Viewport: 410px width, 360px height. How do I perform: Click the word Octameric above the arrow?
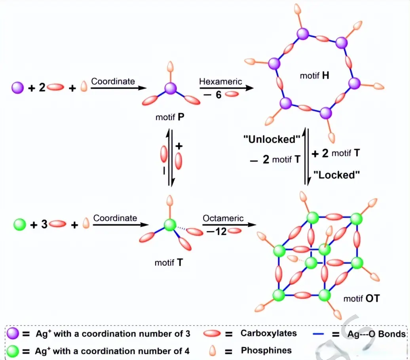click(223, 218)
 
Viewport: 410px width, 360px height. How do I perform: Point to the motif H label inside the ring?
click(314, 76)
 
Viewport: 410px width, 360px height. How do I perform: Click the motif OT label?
click(361, 298)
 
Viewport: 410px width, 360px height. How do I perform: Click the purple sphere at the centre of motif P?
click(170, 89)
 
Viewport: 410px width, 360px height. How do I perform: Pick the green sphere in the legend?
click(13, 350)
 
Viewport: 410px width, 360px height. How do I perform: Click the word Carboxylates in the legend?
click(269, 333)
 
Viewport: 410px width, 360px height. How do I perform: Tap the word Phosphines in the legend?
click(266, 351)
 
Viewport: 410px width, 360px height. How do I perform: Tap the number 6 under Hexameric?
click(218, 95)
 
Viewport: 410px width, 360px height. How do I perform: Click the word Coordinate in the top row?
click(113, 81)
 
